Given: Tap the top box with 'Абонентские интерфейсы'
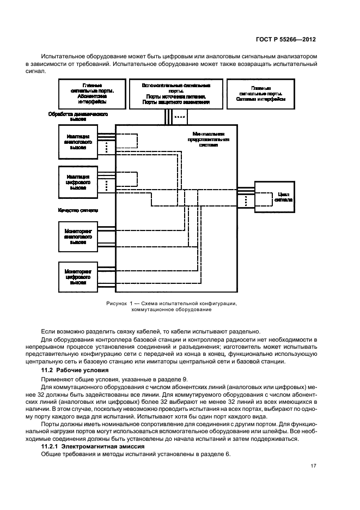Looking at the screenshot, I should (91, 94).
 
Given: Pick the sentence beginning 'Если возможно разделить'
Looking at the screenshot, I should (148, 331).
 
